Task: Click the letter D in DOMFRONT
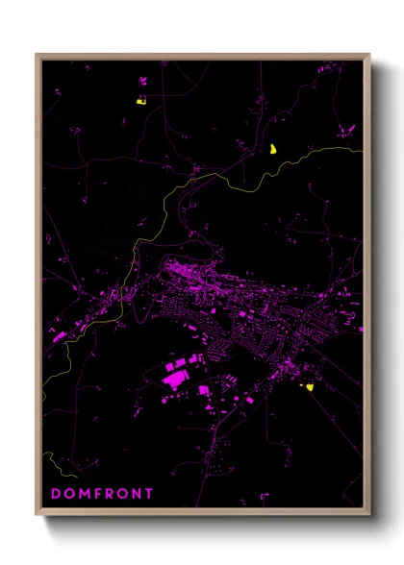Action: [55, 494]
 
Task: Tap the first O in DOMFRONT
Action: [69, 494]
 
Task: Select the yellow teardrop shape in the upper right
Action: [273, 148]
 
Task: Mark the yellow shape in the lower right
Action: [310, 387]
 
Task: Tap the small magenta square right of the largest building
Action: [204, 389]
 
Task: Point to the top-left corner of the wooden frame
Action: [38, 55]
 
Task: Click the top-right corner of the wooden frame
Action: [369, 55]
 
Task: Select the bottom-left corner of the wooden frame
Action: [38, 514]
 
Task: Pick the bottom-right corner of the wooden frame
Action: [369, 514]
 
